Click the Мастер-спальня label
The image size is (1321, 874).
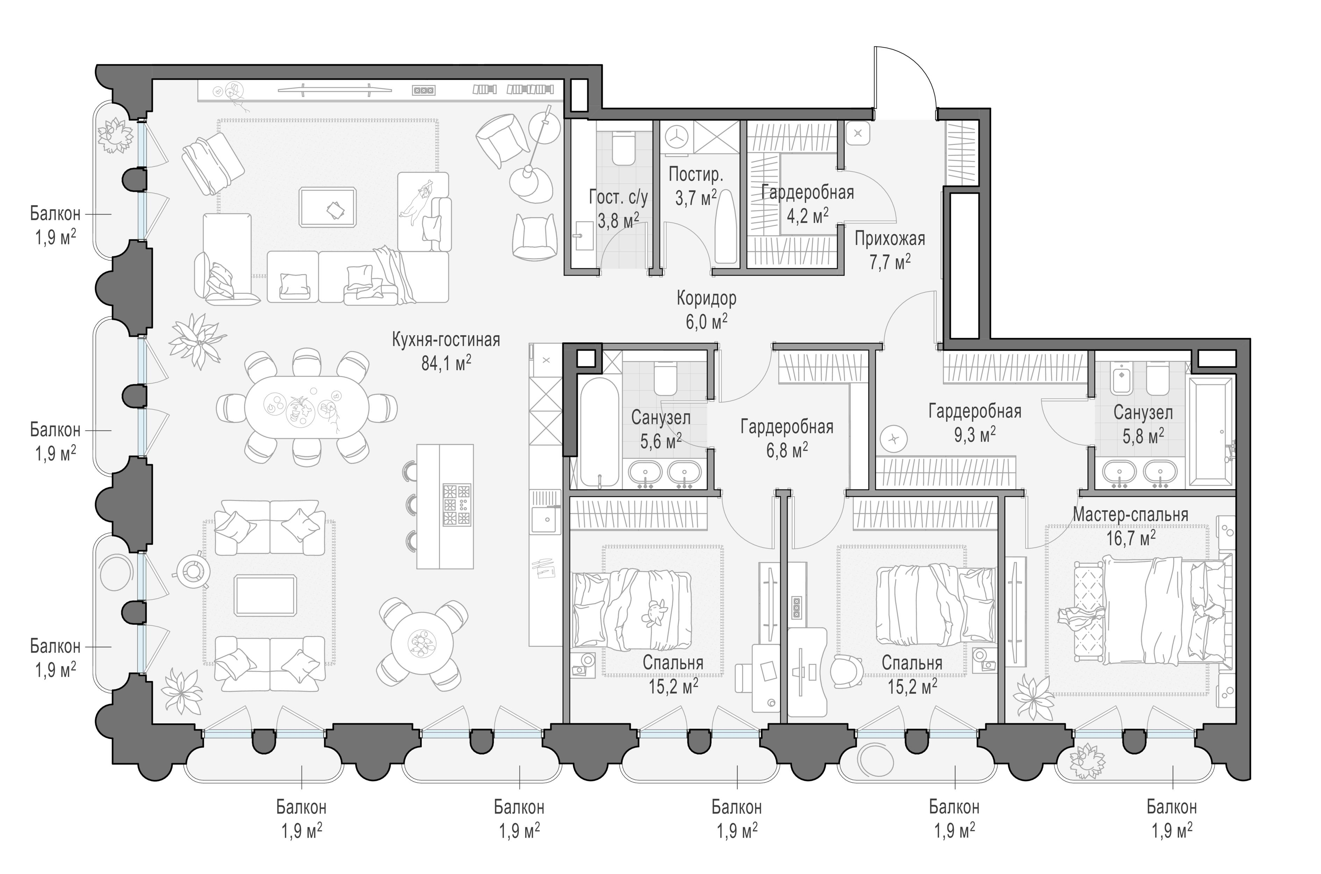(1130, 515)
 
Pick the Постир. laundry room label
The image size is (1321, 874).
(695, 174)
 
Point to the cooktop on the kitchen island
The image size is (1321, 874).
(457, 505)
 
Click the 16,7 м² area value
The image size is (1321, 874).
(1130, 538)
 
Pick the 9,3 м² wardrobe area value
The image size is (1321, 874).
(975, 435)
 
